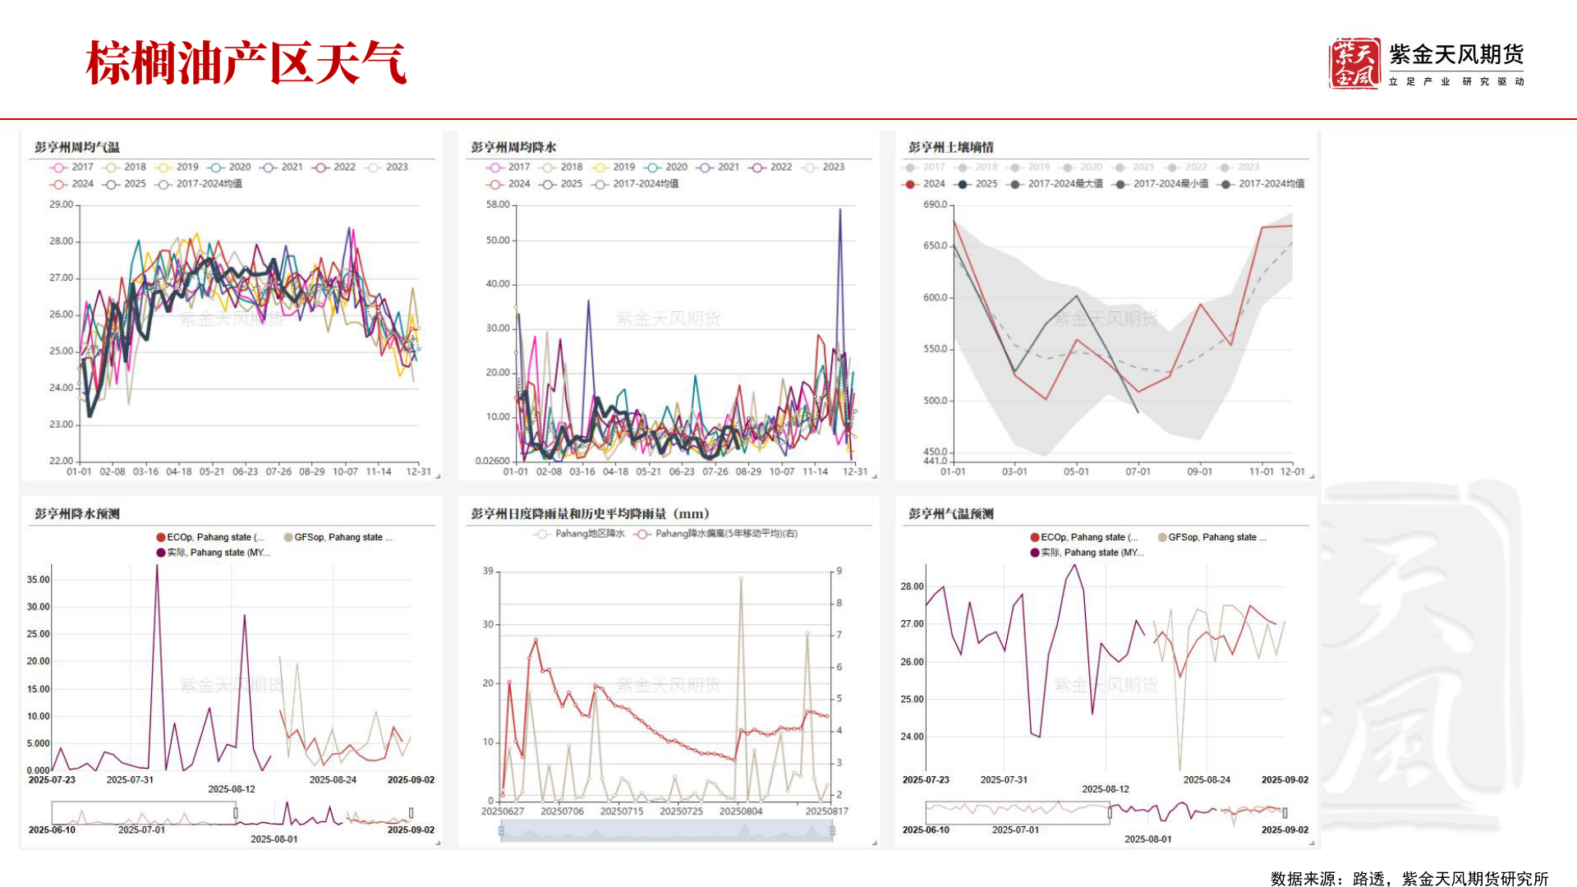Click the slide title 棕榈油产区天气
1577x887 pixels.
pyautogui.click(x=246, y=62)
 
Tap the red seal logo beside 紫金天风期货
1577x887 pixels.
pyautogui.click(x=1354, y=63)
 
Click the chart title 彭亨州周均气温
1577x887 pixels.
pyautogui.click(x=77, y=147)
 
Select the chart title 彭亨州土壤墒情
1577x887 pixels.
pyautogui.click(x=950, y=147)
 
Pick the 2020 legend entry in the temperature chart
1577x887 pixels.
pyautogui.click(x=230, y=167)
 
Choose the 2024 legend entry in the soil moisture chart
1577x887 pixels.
pyautogui.click(x=924, y=184)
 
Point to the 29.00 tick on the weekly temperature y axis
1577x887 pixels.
pyautogui.click(x=61, y=205)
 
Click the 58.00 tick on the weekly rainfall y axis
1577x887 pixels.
pyautogui.click(x=498, y=205)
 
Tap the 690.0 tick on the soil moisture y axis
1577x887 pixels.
pyautogui.click(x=935, y=205)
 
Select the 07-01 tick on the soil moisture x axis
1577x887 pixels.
pyautogui.click(x=1138, y=471)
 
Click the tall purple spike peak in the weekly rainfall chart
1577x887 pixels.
pyautogui.click(x=839, y=210)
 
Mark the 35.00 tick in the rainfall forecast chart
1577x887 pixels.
pyautogui.click(x=38, y=580)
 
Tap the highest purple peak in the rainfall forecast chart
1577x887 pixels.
pyautogui.click(x=157, y=566)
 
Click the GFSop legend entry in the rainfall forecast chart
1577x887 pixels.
pyautogui.click(x=338, y=537)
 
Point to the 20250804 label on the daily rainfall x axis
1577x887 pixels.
pyautogui.click(x=740, y=811)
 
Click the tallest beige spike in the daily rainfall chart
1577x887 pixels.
pyautogui.click(x=741, y=579)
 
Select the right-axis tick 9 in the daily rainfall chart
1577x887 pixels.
pyautogui.click(x=839, y=571)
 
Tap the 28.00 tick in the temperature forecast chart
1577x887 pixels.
pyautogui.click(x=912, y=586)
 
